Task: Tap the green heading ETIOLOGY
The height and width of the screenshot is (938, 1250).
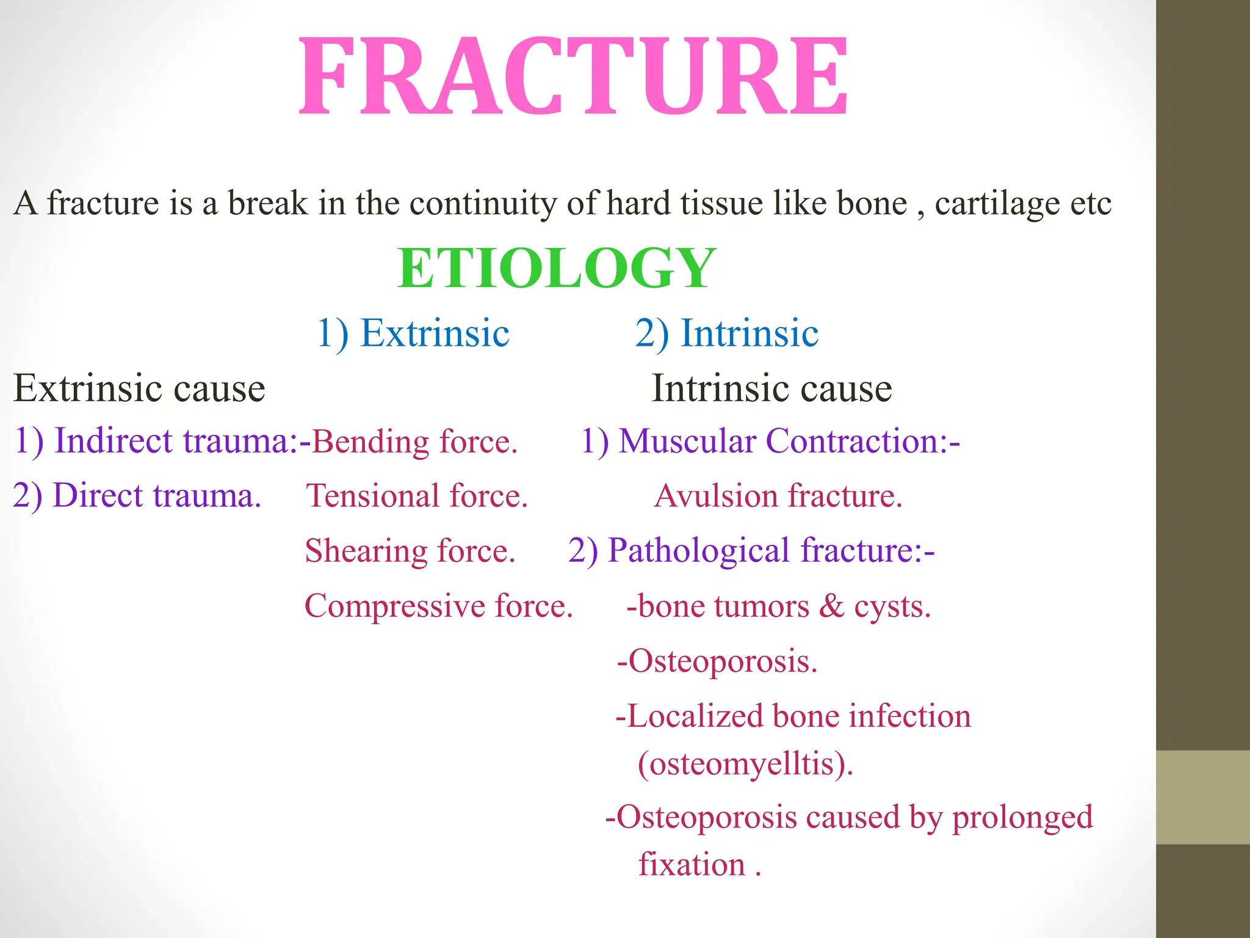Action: tap(556, 269)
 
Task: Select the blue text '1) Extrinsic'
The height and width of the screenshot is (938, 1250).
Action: tap(413, 333)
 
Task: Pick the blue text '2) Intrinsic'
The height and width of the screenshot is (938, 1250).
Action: tap(726, 333)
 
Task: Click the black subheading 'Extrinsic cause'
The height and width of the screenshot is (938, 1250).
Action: tap(139, 388)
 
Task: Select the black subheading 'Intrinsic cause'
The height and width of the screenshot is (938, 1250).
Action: tap(771, 388)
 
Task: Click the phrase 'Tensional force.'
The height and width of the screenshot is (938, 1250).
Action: tap(417, 495)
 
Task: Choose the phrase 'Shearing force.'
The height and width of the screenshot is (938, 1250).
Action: tap(410, 551)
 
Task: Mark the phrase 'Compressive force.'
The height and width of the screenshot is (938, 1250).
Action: tap(439, 606)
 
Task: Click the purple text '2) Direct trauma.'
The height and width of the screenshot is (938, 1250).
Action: tap(137, 495)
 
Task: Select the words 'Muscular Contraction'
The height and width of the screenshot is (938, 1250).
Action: tap(779, 441)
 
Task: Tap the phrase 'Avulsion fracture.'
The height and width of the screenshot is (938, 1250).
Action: tap(778, 495)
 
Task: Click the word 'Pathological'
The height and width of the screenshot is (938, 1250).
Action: tap(699, 550)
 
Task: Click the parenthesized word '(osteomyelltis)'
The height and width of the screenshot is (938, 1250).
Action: tap(745, 763)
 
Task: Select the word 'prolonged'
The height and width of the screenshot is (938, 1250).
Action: tap(1022, 817)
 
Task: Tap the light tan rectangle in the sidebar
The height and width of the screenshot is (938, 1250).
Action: tap(1202, 797)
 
